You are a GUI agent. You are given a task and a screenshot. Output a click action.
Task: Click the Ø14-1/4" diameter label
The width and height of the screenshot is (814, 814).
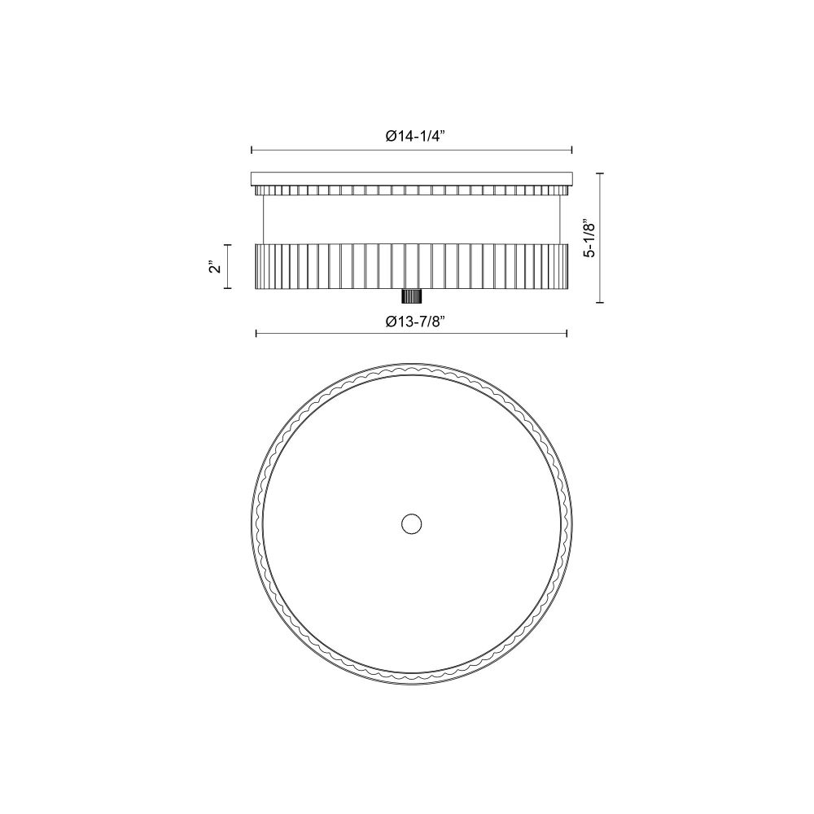[416, 137]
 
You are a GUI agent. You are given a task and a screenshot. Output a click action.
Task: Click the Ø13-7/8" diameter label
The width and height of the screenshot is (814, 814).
[416, 322]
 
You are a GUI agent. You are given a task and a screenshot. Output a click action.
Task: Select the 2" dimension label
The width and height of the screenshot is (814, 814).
[215, 267]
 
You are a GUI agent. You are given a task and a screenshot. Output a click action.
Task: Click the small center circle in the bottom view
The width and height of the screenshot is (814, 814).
[412, 523]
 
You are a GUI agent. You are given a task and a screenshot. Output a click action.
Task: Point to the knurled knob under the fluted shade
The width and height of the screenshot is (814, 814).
[412, 296]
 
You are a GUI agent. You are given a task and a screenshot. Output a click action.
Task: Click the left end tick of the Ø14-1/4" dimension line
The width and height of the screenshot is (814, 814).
[252, 150]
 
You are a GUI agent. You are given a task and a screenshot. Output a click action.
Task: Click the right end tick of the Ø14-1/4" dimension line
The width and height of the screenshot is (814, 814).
[571, 150]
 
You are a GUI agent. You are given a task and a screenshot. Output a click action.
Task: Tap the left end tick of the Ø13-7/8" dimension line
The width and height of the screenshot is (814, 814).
[256, 333]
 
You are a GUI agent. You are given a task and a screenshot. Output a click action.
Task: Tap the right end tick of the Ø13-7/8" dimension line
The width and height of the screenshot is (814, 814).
[567, 333]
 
